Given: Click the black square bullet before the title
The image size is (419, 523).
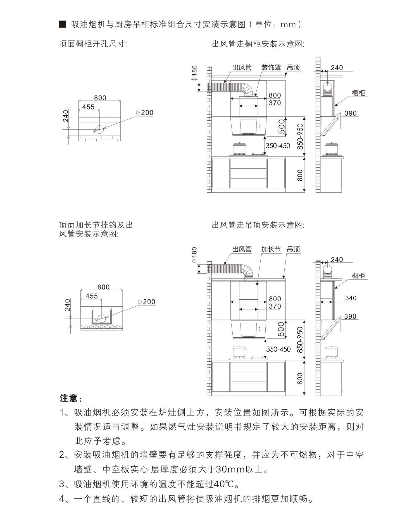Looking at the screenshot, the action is tap(63, 24).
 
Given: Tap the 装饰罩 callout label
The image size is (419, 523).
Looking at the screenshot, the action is tap(271, 68).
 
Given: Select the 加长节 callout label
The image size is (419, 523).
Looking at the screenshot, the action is tap(271, 249).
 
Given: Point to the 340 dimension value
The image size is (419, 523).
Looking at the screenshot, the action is tap(351, 298).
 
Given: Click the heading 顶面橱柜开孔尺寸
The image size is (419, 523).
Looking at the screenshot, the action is tap(93, 44).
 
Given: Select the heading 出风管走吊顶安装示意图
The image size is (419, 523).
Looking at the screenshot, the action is tap(258, 225).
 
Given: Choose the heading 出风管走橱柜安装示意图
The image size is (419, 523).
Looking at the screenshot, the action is tap(258, 44).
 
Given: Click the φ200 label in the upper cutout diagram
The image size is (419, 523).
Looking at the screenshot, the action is tap(145, 113).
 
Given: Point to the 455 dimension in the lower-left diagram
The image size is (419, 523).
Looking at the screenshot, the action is tap(92, 296).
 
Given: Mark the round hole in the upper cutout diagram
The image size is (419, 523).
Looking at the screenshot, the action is tap(99, 129).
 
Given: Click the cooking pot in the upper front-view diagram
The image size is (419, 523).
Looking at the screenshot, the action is tap(239, 149).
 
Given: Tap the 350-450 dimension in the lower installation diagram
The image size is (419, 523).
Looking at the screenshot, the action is tap(278, 349).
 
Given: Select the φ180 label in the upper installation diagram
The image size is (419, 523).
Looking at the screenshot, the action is tap(194, 73).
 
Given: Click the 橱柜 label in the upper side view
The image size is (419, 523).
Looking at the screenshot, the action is tap(359, 93).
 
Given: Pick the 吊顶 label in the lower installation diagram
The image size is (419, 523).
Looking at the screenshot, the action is tap(294, 249).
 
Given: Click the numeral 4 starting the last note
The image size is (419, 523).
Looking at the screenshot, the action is tap(62, 499).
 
